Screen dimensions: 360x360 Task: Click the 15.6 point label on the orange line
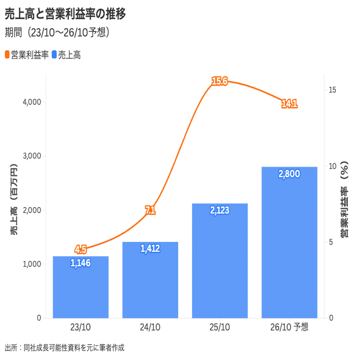pyautogui.click(x=219, y=81)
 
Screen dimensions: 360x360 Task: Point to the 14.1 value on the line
pyautogui.click(x=289, y=104)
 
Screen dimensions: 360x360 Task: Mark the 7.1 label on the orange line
pyautogui.click(x=150, y=211)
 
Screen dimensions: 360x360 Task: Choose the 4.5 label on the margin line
pyautogui.click(x=80, y=250)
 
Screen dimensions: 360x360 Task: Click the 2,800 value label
pyautogui.click(x=289, y=174)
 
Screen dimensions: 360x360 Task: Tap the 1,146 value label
pyautogui.click(x=80, y=263)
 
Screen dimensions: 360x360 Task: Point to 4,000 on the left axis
pyautogui.click(x=31, y=102)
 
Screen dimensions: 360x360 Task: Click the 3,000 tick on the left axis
pyautogui.click(x=31, y=156)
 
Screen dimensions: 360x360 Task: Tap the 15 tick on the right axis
pyautogui.click(x=332, y=90)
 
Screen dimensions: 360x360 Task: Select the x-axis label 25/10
pyautogui.click(x=219, y=328)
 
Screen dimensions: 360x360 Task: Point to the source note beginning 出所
pyautogui.click(x=64, y=348)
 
